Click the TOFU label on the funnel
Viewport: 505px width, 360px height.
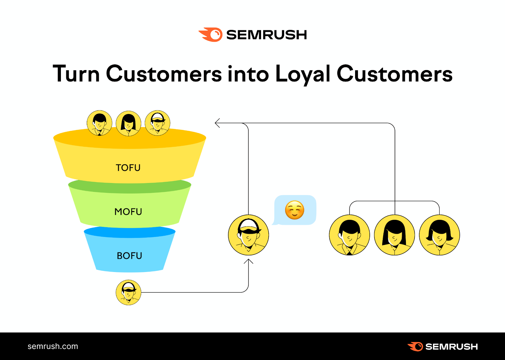[128, 168]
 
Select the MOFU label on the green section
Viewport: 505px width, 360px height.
[128, 211]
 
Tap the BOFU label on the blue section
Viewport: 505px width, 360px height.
[129, 256]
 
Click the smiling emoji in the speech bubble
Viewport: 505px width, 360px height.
[294, 210]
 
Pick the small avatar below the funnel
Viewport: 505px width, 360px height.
[128, 292]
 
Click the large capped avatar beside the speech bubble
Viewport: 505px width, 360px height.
[248, 235]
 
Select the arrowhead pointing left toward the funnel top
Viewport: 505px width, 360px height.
[217, 123]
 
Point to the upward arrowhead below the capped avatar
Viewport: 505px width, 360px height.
[248, 261]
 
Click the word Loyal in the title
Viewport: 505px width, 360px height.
[302, 74]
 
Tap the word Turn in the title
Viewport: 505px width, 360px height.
[76, 74]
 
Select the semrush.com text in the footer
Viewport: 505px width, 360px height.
[53, 346]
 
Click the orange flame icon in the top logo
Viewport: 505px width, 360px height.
[211, 35]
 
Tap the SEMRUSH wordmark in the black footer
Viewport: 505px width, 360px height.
[451, 346]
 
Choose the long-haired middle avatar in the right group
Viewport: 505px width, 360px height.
[394, 235]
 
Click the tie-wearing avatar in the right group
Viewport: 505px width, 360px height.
[349, 235]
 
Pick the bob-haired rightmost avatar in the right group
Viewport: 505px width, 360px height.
[439, 235]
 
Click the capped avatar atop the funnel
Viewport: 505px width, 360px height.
[157, 123]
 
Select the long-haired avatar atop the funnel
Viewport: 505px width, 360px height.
[128, 123]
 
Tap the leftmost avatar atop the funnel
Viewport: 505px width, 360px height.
[99, 123]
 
